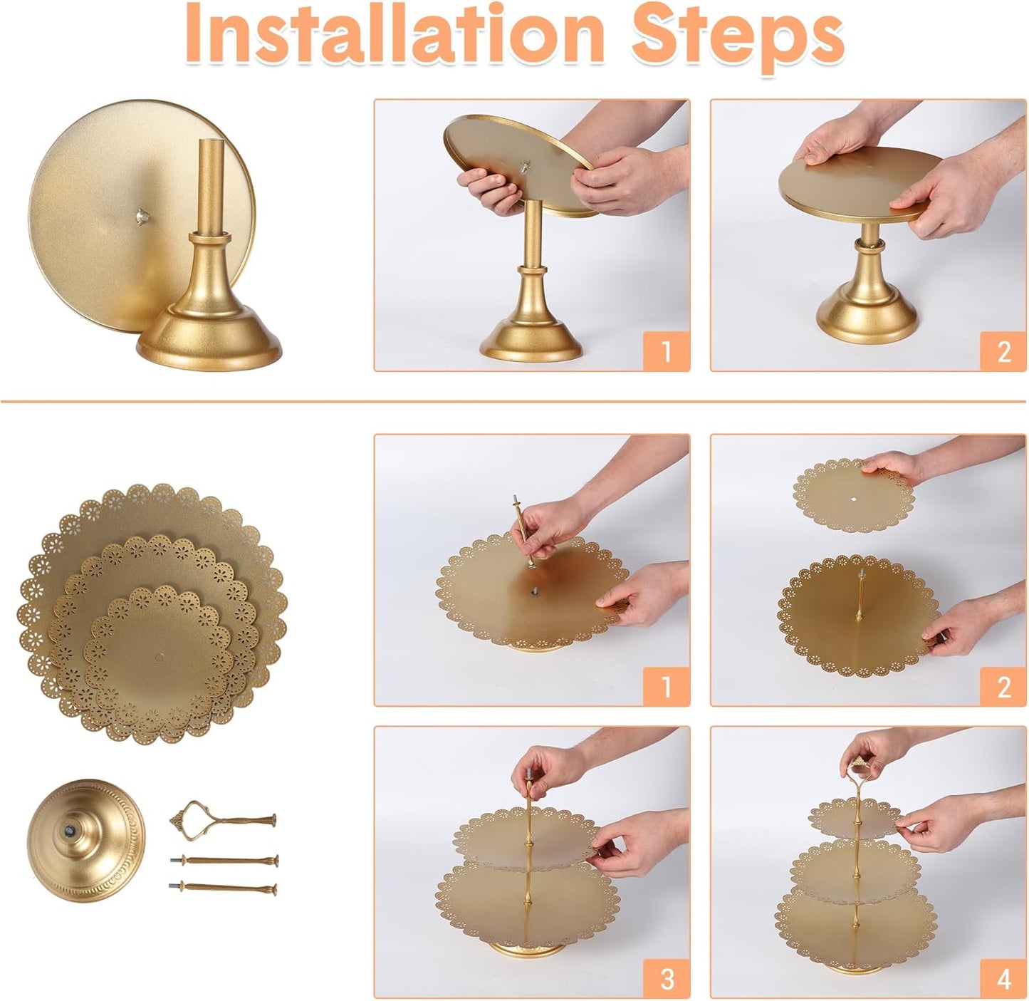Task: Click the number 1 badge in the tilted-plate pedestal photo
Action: [x=666, y=351]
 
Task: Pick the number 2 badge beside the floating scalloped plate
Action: [x=1003, y=687]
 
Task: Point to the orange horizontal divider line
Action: [x=514, y=402]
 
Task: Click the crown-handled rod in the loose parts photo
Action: [x=221, y=819]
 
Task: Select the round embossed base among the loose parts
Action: [x=85, y=841]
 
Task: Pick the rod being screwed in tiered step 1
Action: [x=523, y=531]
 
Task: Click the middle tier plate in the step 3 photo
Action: [x=523, y=841]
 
